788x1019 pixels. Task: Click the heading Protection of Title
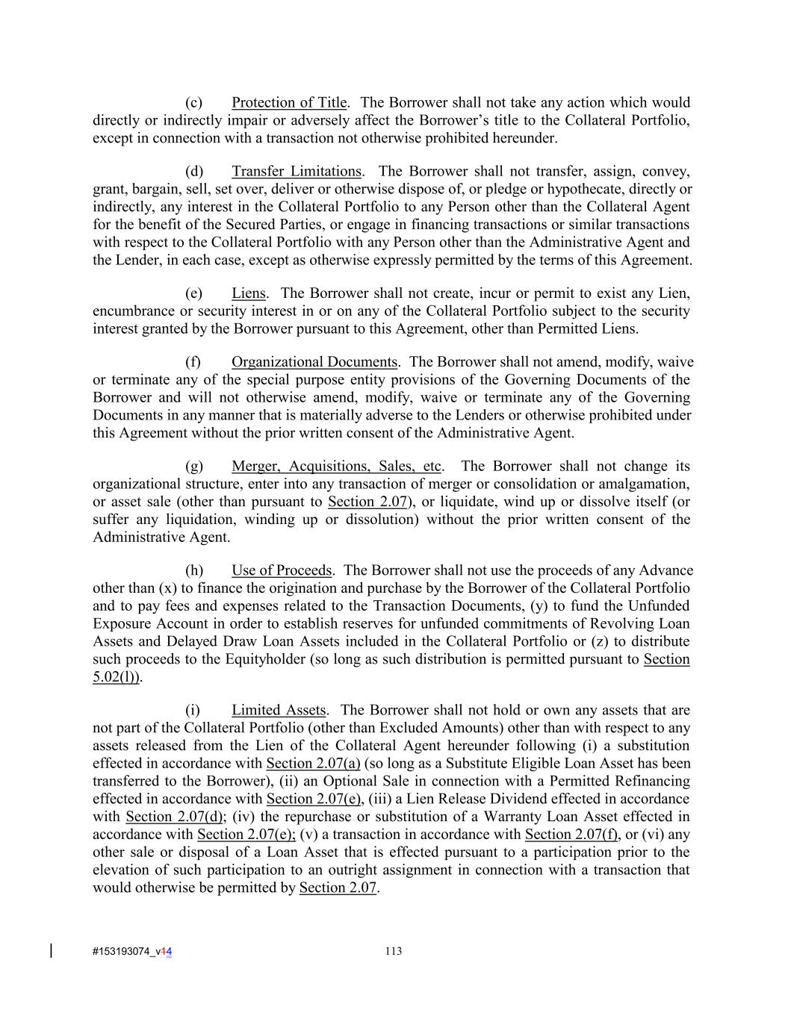(289, 102)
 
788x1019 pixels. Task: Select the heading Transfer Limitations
(297, 171)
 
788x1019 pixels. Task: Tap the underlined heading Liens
(249, 293)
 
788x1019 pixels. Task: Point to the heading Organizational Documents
(314, 362)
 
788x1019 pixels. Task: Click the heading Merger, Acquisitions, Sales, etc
(336, 467)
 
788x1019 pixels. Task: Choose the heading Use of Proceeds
(282, 570)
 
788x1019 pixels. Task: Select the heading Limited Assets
(279, 710)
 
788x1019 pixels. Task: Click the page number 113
(394, 951)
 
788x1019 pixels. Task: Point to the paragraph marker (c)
(193, 102)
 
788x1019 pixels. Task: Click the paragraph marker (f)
(193, 362)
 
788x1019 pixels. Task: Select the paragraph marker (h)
(194, 570)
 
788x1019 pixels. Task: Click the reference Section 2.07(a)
(313, 763)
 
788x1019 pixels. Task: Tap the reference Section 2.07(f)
(571, 835)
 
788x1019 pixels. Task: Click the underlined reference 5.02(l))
(117, 677)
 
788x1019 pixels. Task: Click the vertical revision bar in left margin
(51, 950)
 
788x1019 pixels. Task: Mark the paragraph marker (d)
(194, 171)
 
